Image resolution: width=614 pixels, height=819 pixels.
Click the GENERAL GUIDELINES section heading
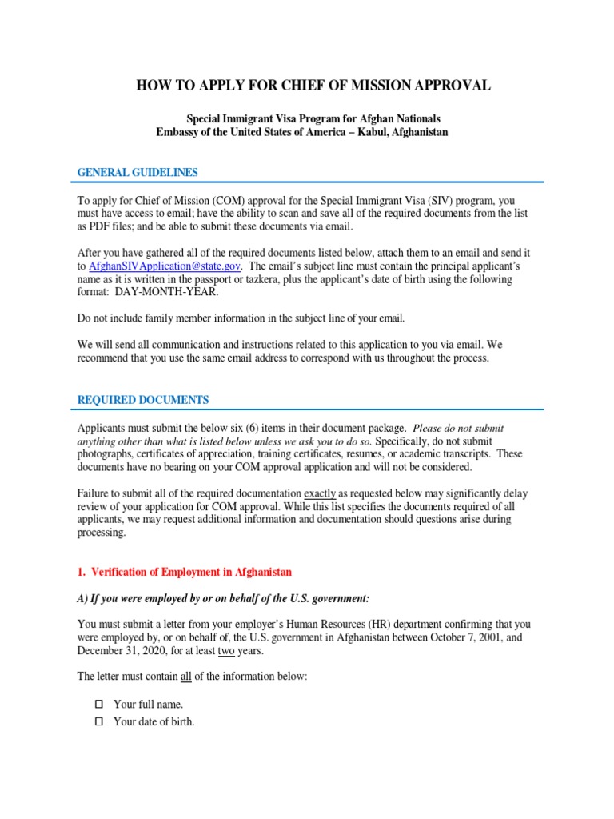[x=137, y=173]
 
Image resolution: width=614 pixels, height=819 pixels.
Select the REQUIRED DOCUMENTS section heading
[x=142, y=400]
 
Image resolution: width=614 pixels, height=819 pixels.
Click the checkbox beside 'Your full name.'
[x=99, y=705]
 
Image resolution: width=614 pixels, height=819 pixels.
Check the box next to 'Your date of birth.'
[x=99, y=722]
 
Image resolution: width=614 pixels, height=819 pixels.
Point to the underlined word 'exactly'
[x=320, y=493]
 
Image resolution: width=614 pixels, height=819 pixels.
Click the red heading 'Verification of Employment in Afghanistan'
[x=191, y=572]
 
